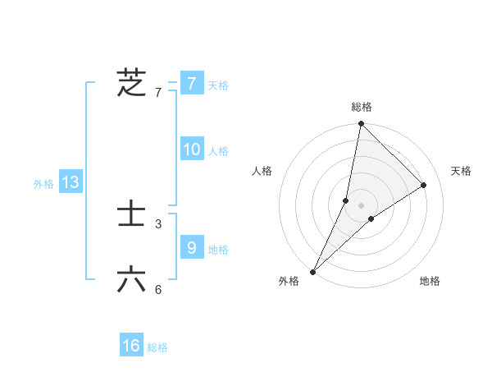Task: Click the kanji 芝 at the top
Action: click(x=131, y=83)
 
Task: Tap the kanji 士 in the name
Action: click(x=131, y=216)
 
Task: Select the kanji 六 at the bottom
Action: click(x=131, y=280)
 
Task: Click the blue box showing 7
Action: click(x=191, y=84)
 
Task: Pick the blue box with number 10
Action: click(x=191, y=149)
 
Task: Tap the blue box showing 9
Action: click(x=191, y=247)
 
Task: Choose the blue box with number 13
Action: click(x=71, y=182)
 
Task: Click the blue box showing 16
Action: click(x=131, y=346)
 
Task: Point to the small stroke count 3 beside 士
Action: click(x=158, y=223)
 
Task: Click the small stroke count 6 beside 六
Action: click(x=158, y=289)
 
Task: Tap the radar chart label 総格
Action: click(x=362, y=107)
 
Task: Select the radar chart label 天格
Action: click(x=461, y=171)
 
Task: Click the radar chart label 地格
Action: click(x=430, y=281)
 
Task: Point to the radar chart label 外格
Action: click(x=289, y=281)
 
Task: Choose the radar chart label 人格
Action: click(x=262, y=171)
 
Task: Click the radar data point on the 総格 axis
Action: click(x=362, y=124)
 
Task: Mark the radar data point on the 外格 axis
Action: click(x=313, y=271)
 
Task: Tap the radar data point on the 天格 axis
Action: click(x=424, y=185)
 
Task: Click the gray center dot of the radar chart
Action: click(x=362, y=205)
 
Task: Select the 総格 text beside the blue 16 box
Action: click(x=157, y=347)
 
